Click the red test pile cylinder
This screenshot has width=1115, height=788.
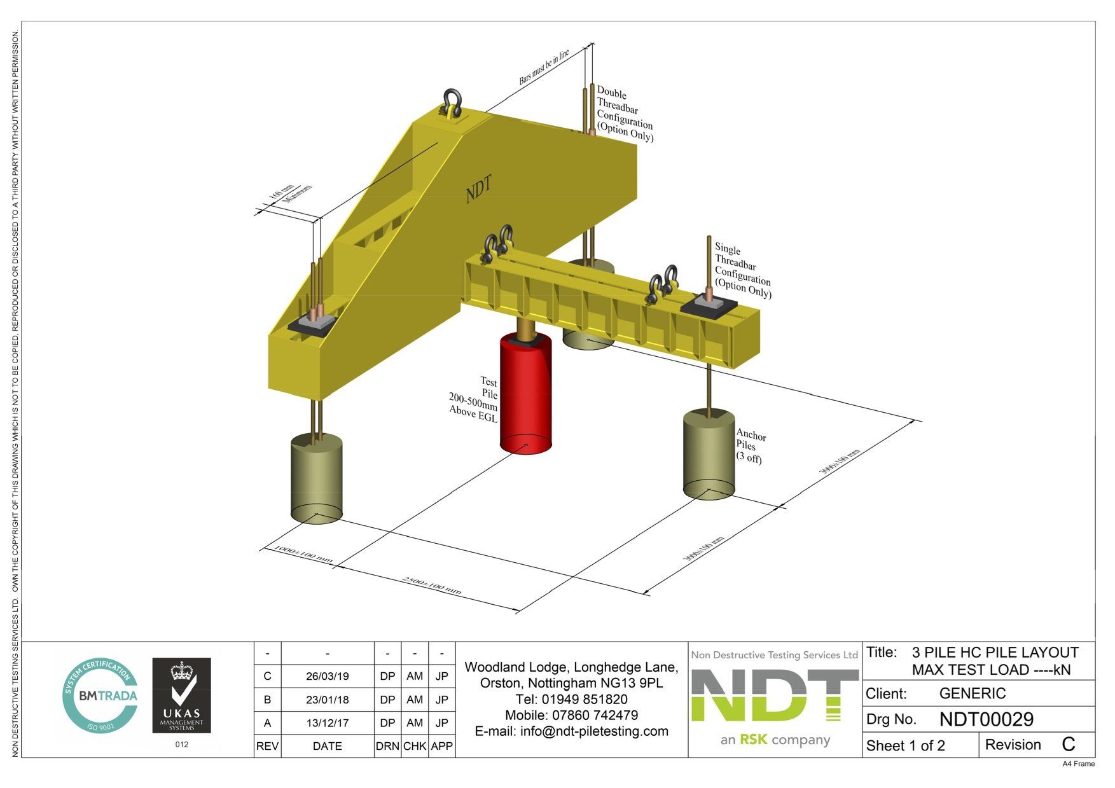pyautogui.click(x=525, y=394)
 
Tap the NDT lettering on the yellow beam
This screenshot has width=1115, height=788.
pyautogui.click(x=478, y=190)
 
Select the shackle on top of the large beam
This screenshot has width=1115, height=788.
pyautogui.click(x=452, y=103)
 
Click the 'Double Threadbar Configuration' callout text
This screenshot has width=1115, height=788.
pyautogui.click(x=624, y=115)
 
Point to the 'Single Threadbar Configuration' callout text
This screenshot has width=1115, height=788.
pyautogui.click(x=742, y=271)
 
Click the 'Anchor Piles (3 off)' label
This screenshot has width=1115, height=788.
pyautogui.click(x=751, y=446)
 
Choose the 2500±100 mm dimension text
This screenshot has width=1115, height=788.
pyautogui.click(x=432, y=585)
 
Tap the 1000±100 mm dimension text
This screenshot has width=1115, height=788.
pyautogui.click(x=303, y=554)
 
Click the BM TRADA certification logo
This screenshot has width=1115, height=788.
pyautogui.click(x=100, y=695)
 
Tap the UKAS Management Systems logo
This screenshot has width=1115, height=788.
pyautogui.click(x=181, y=695)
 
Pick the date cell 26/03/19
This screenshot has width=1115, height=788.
pyautogui.click(x=327, y=676)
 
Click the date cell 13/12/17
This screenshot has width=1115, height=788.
pyautogui.click(x=327, y=723)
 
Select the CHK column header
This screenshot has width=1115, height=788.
pyautogui.click(x=415, y=746)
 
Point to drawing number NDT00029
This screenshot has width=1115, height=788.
pyautogui.click(x=986, y=719)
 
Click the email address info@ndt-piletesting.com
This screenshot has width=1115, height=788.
pyautogui.click(x=571, y=731)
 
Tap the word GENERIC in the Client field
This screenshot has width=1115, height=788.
pyautogui.click(x=972, y=693)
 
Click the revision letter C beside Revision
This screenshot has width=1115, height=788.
pyautogui.click(x=1068, y=744)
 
